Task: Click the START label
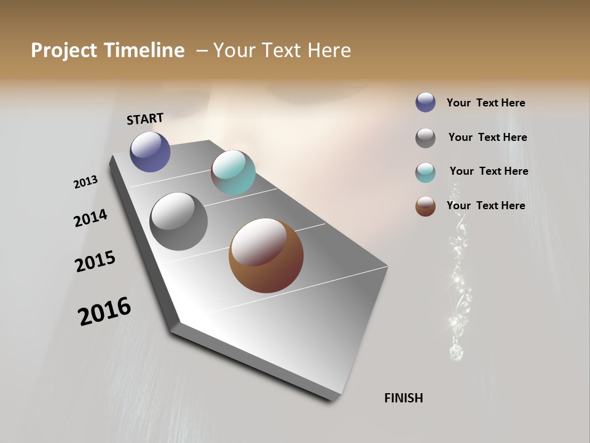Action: click(x=145, y=119)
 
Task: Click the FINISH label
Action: click(x=403, y=398)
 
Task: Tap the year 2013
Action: click(x=86, y=182)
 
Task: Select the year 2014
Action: click(x=90, y=218)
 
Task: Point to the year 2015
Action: click(x=95, y=261)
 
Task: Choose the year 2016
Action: click(x=104, y=311)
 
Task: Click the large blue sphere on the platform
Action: click(x=150, y=151)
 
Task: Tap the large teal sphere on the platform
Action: click(x=233, y=172)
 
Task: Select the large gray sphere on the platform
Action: click(x=178, y=221)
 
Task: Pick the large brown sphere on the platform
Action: click(x=266, y=255)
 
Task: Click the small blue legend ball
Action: click(x=425, y=102)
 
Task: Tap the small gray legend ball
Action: click(x=425, y=138)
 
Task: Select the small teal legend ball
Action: click(x=425, y=172)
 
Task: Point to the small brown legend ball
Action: click(x=425, y=206)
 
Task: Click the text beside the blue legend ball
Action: click(x=486, y=103)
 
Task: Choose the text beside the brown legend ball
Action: click(x=486, y=206)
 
